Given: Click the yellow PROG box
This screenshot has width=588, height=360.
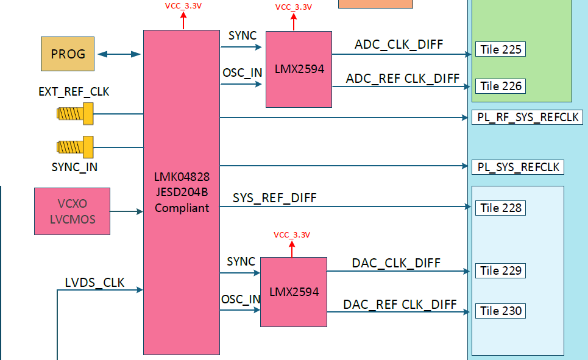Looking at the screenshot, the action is (68, 54).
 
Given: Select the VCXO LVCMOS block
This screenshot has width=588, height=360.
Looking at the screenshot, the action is (72, 211).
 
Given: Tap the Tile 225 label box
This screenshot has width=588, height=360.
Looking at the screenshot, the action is (500, 49).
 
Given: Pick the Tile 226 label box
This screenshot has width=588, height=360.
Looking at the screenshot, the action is (500, 86).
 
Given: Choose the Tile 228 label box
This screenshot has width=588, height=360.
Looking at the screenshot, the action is (500, 208).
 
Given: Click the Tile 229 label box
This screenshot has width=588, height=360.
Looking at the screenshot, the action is (500, 270).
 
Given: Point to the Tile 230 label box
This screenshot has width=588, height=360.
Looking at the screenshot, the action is (500, 311).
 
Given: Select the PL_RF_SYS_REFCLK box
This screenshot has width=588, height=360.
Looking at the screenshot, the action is (527, 118).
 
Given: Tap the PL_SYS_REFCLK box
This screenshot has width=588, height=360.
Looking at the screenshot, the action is (518, 167).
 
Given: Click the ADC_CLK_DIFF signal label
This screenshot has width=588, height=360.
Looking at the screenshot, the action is (398, 44).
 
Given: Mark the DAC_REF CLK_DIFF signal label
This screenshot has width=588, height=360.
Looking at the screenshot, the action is (400, 305).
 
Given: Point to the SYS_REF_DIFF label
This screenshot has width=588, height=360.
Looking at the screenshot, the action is (274, 198).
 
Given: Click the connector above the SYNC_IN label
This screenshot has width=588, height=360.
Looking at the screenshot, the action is (75, 147).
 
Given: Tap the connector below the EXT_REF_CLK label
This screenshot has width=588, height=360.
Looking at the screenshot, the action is (75, 114).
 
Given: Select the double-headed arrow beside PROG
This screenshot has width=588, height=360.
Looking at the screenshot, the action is (119, 54).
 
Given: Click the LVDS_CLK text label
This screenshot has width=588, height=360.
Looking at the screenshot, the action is (94, 283).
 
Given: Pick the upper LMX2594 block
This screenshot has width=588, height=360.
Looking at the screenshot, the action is (299, 69).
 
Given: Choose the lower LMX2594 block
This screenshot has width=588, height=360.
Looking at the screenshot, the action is (294, 292).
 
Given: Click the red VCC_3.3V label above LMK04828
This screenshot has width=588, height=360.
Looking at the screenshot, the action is (183, 6).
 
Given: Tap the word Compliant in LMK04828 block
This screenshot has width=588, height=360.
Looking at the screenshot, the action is (182, 208).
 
